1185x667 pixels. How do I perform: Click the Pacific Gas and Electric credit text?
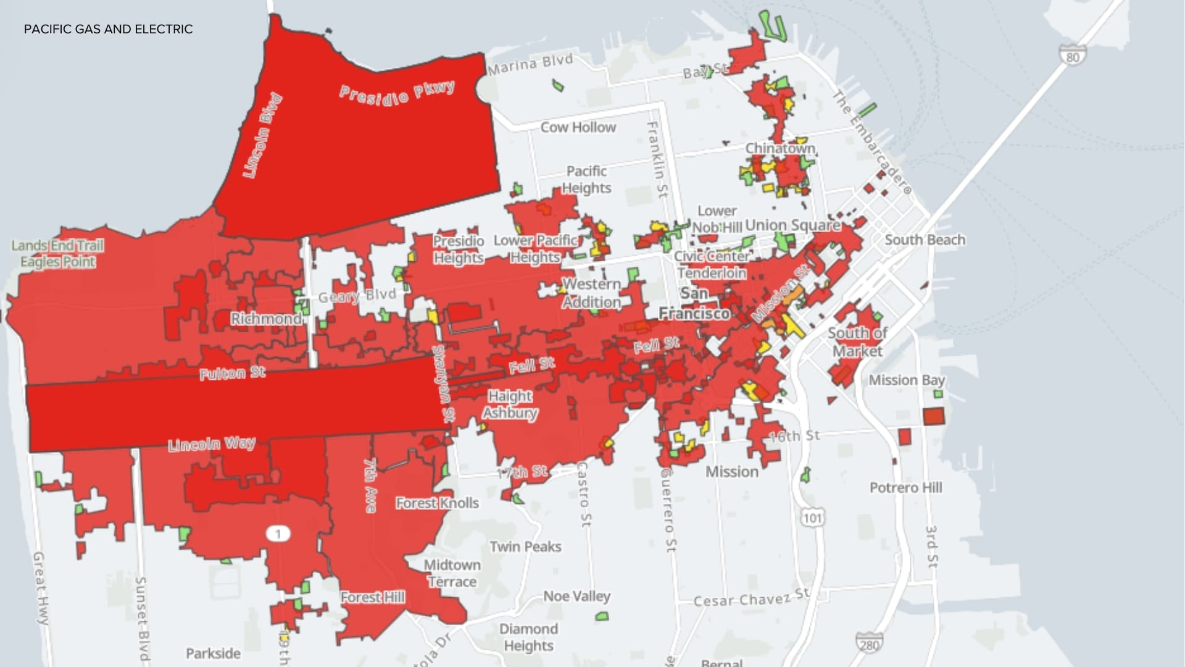coord(108,29)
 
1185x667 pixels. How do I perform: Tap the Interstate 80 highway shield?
coord(1073,56)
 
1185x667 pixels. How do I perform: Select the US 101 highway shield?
coord(812,517)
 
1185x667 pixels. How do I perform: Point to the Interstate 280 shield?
coord(868,644)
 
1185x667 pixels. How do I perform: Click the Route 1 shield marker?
coord(278,534)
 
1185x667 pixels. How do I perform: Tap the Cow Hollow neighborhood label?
coord(578,127)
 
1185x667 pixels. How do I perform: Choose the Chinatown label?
coord(780,149)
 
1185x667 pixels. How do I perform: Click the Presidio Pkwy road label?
coord(397,93)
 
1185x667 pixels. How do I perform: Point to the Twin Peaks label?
coord(525,547)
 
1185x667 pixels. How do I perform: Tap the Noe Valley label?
coord(576,596)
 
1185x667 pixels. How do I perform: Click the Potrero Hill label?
coord(905,488)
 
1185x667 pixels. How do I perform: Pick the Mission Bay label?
coord(907,380)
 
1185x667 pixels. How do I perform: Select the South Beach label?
coord(925,240)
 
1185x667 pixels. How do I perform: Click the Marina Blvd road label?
coord(530,64)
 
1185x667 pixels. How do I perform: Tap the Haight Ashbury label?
coord(510,405)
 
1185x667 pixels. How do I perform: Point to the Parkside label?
coord(213,653)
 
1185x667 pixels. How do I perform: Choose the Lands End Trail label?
coord(57,246)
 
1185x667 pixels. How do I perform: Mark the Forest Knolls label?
coord(437,503)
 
